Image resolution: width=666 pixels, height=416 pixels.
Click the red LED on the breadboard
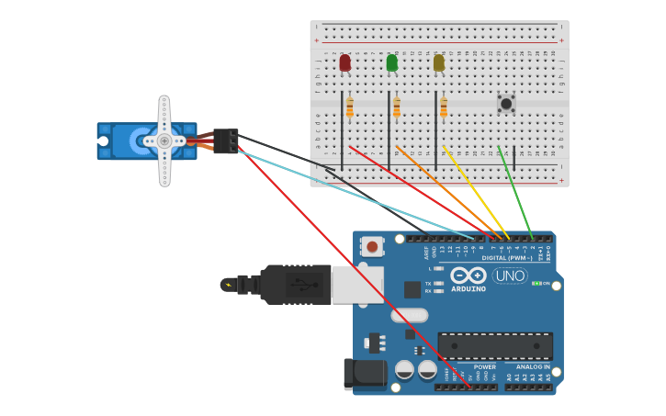pyautogui.click(x=344, y=62)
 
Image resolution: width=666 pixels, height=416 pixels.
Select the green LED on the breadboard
pyautogui.click(x=392, y=62)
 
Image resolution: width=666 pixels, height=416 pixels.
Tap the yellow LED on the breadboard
pyautogui.click(x=439, y=62)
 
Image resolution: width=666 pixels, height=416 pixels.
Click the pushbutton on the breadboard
pyautogui.click(x=506, y=103)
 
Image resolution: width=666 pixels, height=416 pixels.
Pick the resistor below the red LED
pyautogui.click(x=350, y=108)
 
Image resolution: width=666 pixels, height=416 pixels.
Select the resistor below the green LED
pyautogui.click(x=397, y=108)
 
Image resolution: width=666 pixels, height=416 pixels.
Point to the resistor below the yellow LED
pyautogui.click(x=444, y=108)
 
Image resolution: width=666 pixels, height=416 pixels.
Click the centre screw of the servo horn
pyautogui.click(x=164, y=141)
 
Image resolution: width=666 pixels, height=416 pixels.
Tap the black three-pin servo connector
pyautogui.click(x=226, y=141)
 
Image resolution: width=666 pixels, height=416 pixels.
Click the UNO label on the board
pyautogui.click(x=510, y=275)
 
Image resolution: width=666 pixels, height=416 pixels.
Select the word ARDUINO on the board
pyautogui.click(x=468, y=289)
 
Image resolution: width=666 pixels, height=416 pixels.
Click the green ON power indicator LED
pyautogui.click(x=536, y=284)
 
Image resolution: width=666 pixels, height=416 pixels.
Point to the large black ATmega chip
pyautogui.click(x=495, y=347)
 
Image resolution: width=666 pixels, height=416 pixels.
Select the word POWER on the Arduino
pyautogui.click(x=485, y=367)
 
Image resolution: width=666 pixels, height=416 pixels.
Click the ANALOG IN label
pyautogui.click(x=533, y=367)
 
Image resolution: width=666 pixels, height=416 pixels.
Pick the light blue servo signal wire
pyautogui.click(x=367, y=197)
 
